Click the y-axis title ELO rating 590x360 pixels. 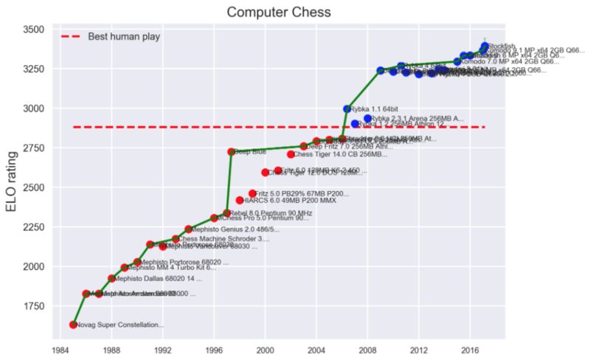point(13,179)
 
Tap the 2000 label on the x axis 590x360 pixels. point(265,350)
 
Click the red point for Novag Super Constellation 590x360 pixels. point(73,325)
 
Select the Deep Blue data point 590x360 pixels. point(232,152)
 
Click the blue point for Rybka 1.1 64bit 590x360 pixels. point(347,109)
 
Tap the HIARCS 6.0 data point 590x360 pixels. point(240,200)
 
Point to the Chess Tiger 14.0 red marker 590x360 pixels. point(291,154)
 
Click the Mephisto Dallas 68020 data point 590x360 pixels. point(112,278)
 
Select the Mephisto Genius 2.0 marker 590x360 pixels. point(189,229)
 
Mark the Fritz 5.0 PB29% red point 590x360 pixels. point(252,193)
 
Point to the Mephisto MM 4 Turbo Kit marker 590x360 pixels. point(125,268)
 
